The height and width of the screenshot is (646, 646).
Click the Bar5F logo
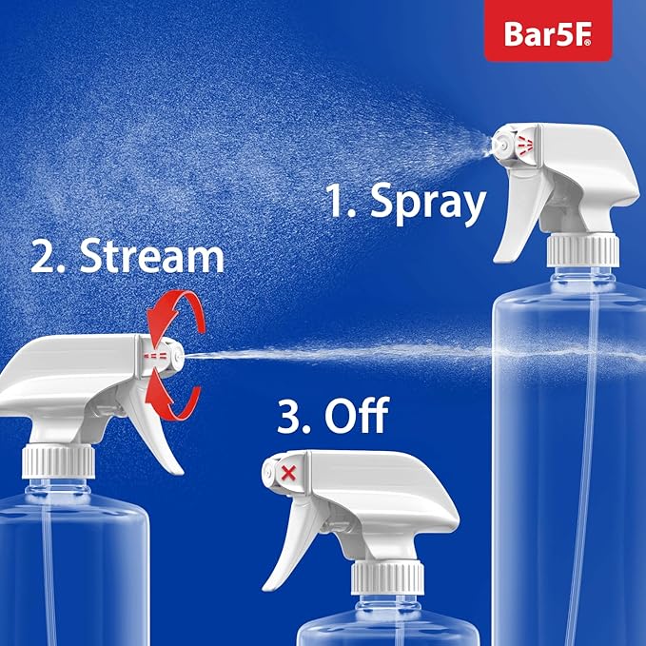point(547,31)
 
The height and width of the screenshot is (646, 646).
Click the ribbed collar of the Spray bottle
point(582,250)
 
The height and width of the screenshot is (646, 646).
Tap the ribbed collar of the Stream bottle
point(59,461)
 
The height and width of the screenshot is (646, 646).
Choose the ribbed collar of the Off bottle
point(386,579)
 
